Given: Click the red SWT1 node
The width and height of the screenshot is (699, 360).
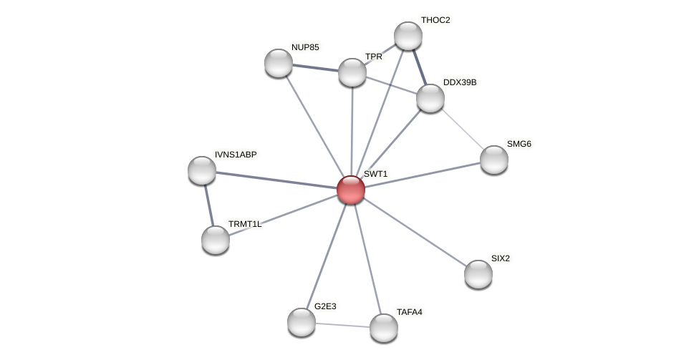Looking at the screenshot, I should [351, 190].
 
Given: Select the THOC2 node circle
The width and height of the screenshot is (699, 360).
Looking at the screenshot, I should [408, 36].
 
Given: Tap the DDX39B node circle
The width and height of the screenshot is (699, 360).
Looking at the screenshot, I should [430, 98].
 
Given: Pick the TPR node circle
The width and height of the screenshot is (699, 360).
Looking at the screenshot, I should [352, 72].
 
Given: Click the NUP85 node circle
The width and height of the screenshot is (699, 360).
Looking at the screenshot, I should [279, 63].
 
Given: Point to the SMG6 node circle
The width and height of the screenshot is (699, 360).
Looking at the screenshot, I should [494, 160].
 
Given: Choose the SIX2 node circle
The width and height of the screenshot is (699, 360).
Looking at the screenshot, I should [478, 274].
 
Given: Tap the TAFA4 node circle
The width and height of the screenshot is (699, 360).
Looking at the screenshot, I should [384, 328].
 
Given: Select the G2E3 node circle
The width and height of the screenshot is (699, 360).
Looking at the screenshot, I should [302, 322].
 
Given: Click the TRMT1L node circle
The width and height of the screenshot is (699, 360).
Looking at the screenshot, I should [216, 240].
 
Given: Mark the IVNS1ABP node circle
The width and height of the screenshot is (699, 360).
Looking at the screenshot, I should [202, 170].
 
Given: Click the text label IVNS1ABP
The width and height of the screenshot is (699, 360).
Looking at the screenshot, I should [236, 155].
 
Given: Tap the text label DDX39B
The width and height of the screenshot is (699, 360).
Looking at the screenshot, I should [460, 82].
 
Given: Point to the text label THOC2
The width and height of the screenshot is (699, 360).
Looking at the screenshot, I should [435, 20].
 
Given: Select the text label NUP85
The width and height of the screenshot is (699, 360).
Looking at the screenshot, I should [305, 47].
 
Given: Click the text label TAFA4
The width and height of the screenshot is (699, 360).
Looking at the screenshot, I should [410, 312].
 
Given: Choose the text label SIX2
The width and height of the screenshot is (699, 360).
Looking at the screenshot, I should [501, 258].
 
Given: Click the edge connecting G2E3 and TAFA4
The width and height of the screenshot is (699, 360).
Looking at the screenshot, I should [342, 325].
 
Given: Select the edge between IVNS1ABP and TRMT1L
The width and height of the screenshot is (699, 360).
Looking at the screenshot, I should [208, 205].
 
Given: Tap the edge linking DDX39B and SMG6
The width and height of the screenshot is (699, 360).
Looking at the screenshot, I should [462, 129].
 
